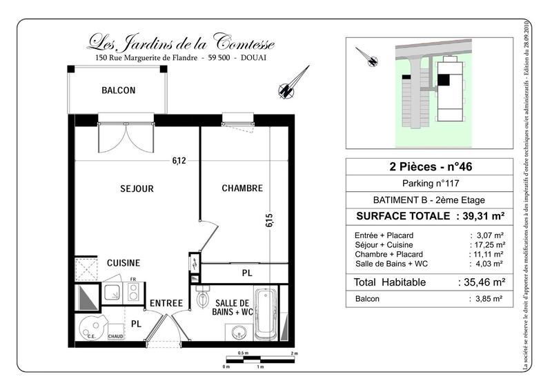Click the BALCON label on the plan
coord(119,90)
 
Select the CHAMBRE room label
coord(241,188)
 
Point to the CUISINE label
coord(124,263)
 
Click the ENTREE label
coord(166,303)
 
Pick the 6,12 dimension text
coord(179,162)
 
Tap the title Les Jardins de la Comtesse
coord(181,43)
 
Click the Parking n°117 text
coord(428,184)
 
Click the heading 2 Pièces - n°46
coord(428,166)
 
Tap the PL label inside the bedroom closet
coord(246,273)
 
